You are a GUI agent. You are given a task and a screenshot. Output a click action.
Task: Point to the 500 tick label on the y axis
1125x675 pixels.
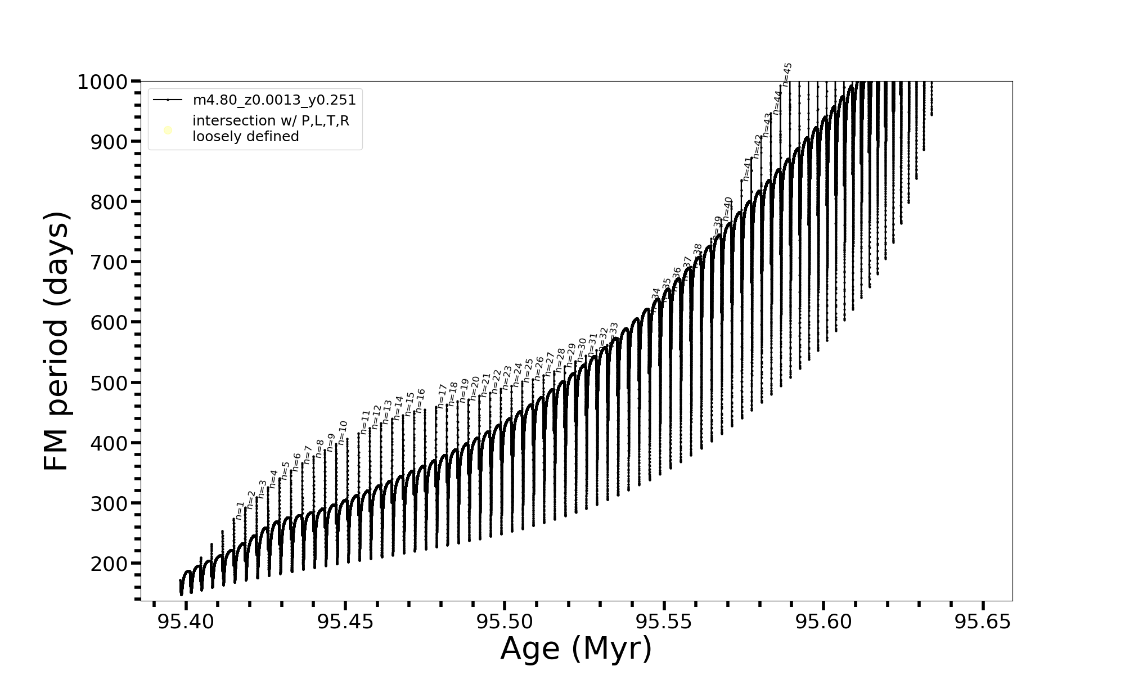click(109, 383)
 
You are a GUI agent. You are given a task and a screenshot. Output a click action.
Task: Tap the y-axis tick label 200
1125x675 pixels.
click(109, 564)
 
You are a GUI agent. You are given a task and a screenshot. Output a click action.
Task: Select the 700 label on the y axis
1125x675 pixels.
click(109, 263)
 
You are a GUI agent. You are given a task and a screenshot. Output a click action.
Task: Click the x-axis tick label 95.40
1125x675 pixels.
click(186, 622)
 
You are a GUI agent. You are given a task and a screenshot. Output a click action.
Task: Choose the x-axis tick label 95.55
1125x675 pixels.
click(664, 622)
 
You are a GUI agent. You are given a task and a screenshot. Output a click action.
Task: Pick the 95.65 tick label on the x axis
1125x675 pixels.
click(983, 622)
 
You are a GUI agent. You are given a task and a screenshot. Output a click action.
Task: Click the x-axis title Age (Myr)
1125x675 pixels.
click(576, 649)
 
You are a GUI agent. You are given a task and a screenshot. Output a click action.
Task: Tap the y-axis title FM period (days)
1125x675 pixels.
click(57, 341)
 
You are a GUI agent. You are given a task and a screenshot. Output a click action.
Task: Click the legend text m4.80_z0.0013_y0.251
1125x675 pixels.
click(274, 100)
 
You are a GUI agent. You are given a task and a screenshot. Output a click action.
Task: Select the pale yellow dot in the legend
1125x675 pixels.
click(168, 130)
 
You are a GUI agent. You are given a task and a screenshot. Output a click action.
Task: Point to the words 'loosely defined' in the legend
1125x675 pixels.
click(245, 137)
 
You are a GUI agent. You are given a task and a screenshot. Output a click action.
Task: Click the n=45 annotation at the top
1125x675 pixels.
click(787, 74)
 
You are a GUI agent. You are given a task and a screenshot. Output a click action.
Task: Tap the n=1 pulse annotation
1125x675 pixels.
click(240, 510)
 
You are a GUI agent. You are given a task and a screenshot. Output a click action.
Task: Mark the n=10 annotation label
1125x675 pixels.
click(343, 433)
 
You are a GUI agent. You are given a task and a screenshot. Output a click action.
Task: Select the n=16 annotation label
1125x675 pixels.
click(420, 400)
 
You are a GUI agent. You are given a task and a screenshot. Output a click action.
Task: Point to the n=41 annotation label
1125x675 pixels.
click(746, 169)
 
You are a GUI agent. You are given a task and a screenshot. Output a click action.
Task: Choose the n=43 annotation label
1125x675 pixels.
click(767, 125)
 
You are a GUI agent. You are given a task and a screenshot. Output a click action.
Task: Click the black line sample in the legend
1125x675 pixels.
click(168, 100)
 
